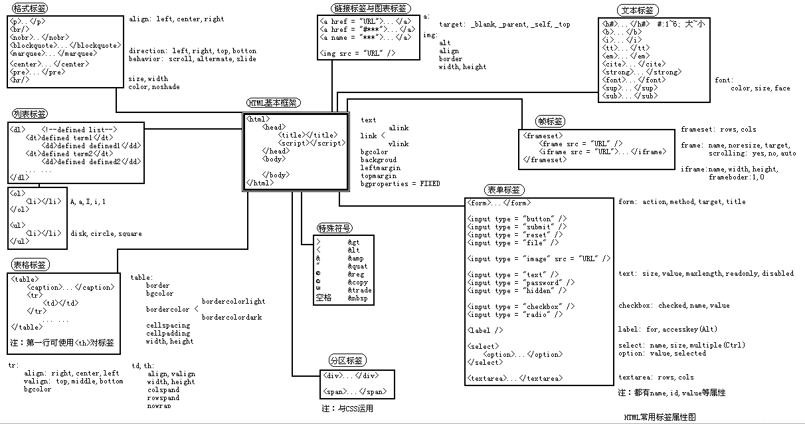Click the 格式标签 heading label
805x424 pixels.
(30, 8)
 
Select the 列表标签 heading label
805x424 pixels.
(30, 114)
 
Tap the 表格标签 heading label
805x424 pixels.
(30, 265)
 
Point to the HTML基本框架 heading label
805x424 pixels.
(273, 103)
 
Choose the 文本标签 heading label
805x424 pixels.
(637, 10)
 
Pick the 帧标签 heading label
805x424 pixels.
(551, 122)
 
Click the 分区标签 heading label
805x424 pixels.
(347, 361)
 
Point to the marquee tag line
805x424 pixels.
(54, 54)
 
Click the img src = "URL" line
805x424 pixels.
(358, 53)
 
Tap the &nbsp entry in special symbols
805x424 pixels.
(357, 298)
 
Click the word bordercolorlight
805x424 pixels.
(233, 302)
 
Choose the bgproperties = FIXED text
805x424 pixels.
(400, 184)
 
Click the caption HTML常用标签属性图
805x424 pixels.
(660, 417)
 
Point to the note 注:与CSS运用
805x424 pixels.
(347, 409)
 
